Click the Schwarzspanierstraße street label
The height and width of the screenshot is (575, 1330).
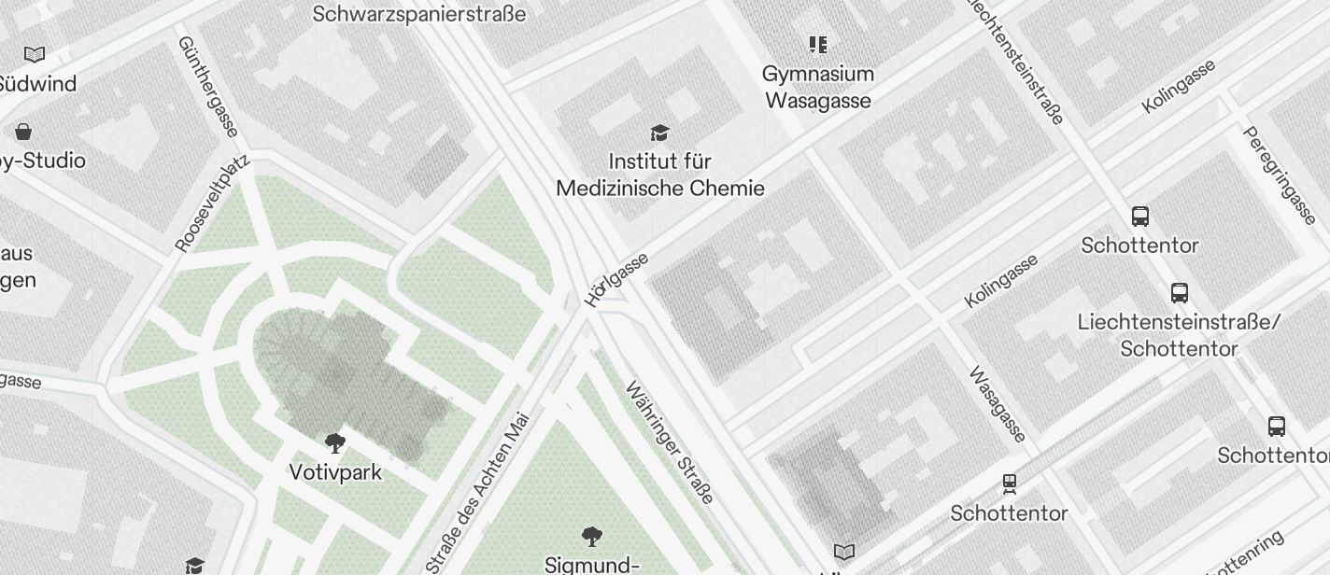(x=418, y=14)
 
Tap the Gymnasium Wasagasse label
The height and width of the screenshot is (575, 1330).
(x=818, y=87)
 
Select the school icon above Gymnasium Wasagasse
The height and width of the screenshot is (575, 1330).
(x=818, y=45)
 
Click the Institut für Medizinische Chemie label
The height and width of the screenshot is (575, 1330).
(x=660, y=175)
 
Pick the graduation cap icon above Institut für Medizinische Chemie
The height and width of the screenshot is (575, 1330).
(x=660, y=133)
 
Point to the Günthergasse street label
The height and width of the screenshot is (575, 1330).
(x=207, y=86)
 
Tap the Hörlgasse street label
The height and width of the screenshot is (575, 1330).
(x=617, y=279)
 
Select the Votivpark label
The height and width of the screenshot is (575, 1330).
(x=335, y=472)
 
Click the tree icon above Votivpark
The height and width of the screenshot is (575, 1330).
(x=335, y=442)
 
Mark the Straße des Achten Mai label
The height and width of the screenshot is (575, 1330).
(x=477, y=492)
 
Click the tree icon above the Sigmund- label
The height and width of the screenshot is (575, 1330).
(x=591, y=536)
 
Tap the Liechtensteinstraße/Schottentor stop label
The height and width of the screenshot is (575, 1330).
(x=1179, y=335)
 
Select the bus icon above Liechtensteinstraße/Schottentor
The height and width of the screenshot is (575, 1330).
(x=1180, y=293)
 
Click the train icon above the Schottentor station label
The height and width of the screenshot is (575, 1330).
(x=1010, y=484)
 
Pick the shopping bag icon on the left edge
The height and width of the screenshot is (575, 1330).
(x=23, y=132)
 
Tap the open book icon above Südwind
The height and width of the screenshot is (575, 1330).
(x=35, y=54)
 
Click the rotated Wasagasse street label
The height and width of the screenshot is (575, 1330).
(x=998, y=404)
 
